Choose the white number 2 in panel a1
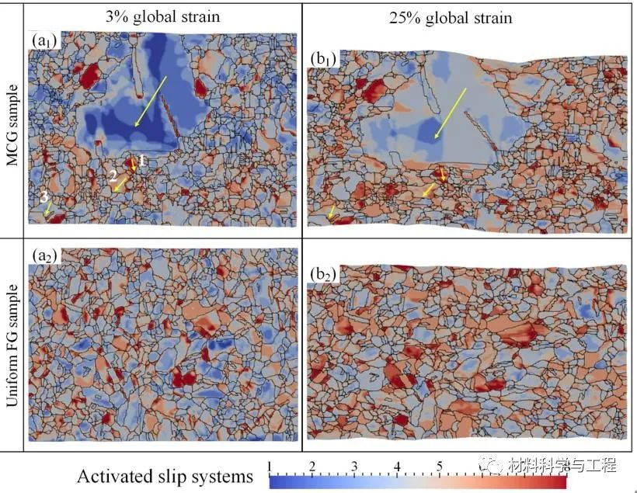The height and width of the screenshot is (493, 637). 113,176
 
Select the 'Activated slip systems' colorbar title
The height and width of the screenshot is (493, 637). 165,474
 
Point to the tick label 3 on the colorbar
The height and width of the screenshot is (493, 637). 354,466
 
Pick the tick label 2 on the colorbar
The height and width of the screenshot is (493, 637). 312,466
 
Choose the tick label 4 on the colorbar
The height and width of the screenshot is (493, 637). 397,466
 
